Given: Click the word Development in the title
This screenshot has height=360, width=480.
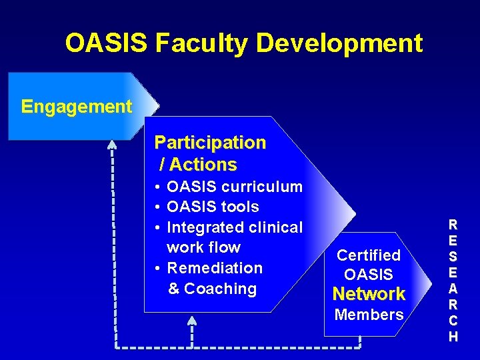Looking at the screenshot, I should coord(339,44).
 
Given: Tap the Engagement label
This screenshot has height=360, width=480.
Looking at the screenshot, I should coord(77,107).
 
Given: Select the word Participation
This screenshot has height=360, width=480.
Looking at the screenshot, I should coord(210,143).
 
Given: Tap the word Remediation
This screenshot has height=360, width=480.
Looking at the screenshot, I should coord(215,268).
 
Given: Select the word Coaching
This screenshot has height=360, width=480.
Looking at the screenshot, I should coord(221,289).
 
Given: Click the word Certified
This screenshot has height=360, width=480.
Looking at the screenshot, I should coord(369,255).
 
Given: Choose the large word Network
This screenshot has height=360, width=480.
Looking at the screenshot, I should coord(369,294).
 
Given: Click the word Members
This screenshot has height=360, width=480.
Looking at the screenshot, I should coord(369,315).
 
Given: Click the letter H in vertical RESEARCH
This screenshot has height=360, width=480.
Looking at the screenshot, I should coord(453,337).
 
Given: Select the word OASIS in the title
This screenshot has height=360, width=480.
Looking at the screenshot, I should coord(107,44).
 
